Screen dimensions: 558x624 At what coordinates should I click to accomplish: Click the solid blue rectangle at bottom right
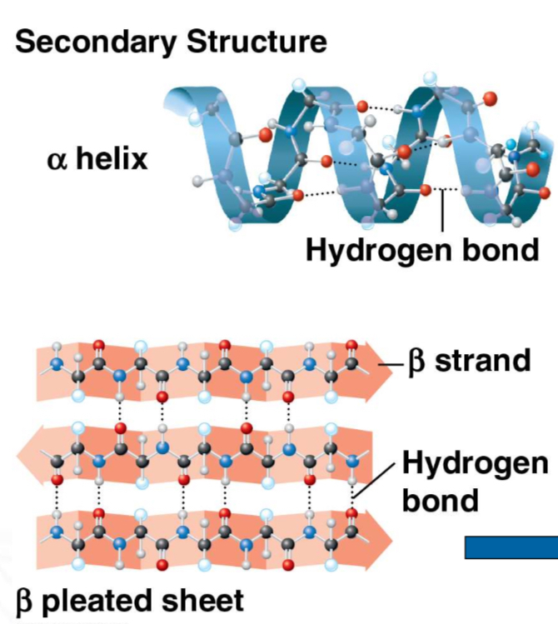[511, 547]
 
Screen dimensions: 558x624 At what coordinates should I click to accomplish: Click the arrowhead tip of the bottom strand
[392, 533]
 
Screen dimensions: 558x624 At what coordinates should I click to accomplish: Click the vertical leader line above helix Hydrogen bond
[442, 212]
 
